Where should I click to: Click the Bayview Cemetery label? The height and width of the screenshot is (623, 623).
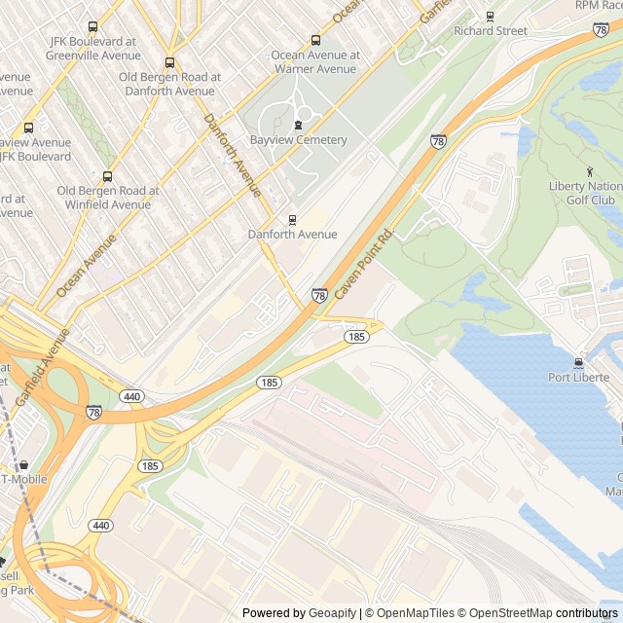pyautogui.click(x=298, y=140)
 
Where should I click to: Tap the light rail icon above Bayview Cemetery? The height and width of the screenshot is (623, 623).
pyautogui.click(x=298, y=124)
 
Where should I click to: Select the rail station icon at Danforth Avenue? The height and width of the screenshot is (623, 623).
pyautogui.click(x=292, y=219)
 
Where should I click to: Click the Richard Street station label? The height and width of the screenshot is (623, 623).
pyautogui.click(x=491, y=31)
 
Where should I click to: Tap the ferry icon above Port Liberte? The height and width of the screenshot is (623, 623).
pyautogui.click(x=579, y=362)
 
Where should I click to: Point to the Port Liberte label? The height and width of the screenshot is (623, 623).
pyautogui.click(x=579, y=378)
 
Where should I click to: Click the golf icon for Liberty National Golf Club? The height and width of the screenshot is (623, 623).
pyautogui.click(x=589, y=171)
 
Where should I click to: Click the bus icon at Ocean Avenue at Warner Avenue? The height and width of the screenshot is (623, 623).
pyautogui.click(x=315, y=40)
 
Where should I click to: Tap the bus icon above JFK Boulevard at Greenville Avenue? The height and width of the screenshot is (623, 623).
pyautogui.click(x=92, y=26)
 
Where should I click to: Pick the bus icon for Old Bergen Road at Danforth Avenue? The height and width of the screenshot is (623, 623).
pyautogui.click(x=169, y=62)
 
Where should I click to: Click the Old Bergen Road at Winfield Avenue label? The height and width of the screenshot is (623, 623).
pyautogui.click(x=108, y=198)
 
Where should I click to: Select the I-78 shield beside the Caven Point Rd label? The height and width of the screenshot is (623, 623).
pyautogui.click(x=319, y=295)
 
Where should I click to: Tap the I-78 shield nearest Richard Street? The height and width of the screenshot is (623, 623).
pyautogui.click(x=601, y=30)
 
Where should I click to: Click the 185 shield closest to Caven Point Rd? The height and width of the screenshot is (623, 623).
pyautogui.click(x=356, y=336)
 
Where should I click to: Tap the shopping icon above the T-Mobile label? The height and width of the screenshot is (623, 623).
pyautogui.click(x=24, y=464)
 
